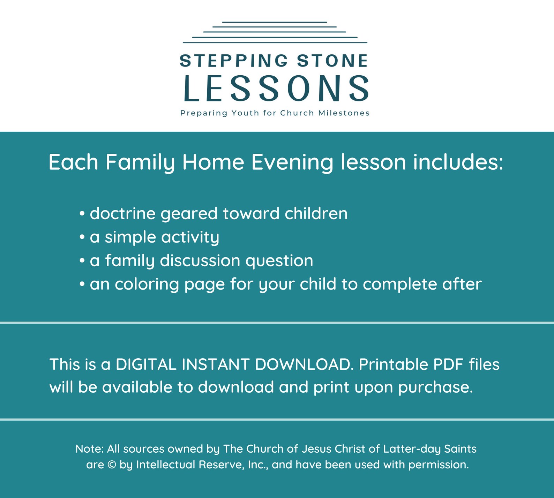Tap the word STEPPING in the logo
234,61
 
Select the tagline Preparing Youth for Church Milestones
275,113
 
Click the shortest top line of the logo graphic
274,22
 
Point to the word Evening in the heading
292,162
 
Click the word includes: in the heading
458,162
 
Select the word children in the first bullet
316,214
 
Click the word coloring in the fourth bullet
147,284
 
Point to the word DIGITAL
146,365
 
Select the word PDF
448,365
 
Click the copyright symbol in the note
112,465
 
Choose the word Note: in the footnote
89,449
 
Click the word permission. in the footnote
439,465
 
